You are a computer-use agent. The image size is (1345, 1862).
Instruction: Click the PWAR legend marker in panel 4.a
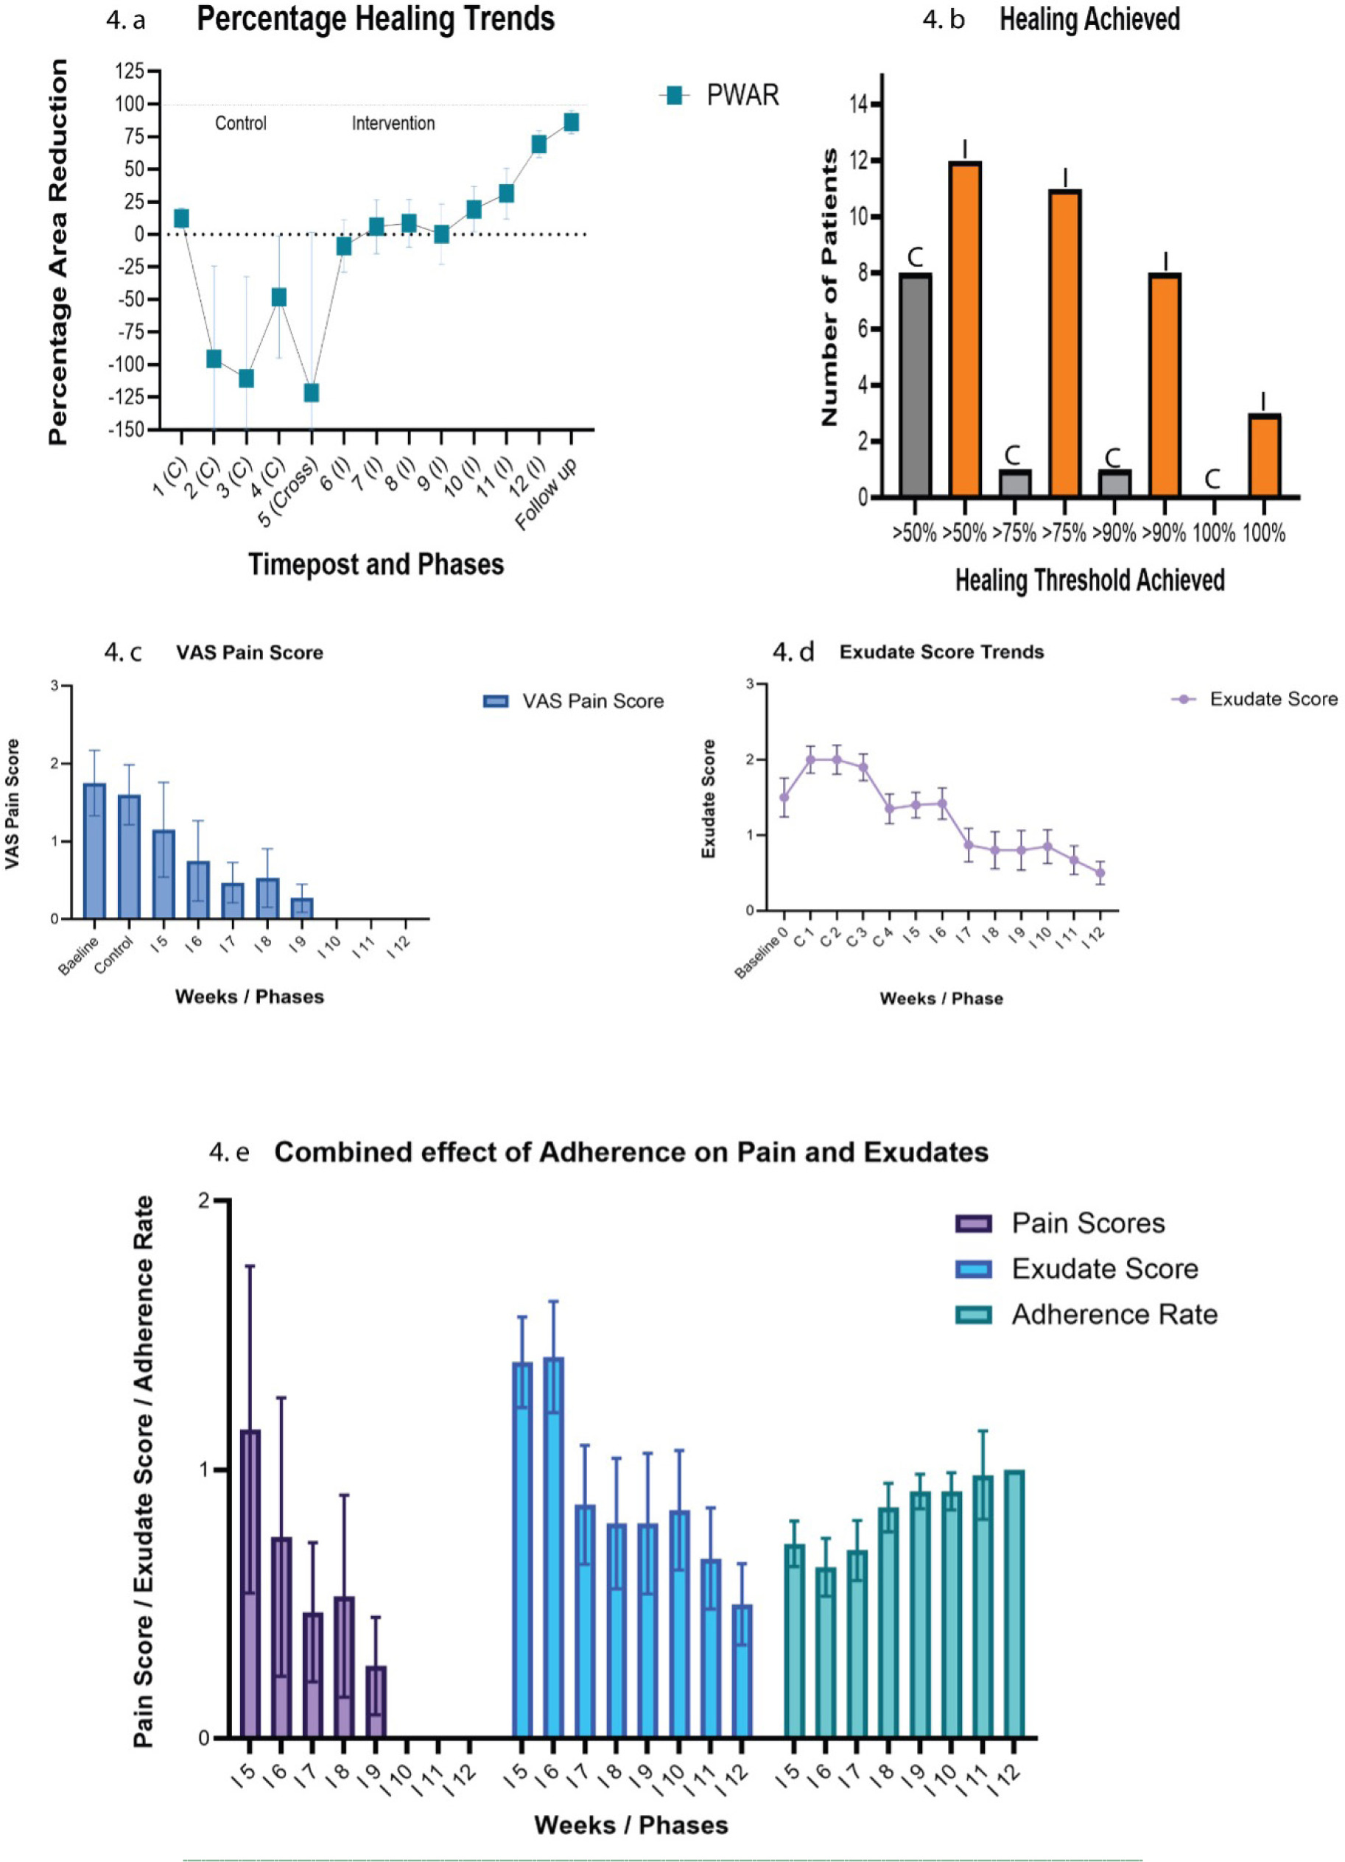(x=674, y=96)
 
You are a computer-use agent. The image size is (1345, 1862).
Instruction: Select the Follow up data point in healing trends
(x=572, y=122)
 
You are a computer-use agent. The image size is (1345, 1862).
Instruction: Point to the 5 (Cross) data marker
(x=311, y=393)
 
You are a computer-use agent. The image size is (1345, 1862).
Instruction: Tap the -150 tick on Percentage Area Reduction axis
(x=128, y=429)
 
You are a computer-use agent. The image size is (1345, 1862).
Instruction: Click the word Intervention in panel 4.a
(x=393, y=123)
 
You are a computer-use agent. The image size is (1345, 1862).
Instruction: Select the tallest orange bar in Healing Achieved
(x=965, y=329)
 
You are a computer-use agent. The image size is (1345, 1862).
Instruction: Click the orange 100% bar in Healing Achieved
(x=1264, y=455)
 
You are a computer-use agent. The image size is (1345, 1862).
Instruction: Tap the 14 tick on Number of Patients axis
(x=859, y=105)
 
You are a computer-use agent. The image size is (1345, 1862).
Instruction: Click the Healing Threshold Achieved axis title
(x=1089, y=580)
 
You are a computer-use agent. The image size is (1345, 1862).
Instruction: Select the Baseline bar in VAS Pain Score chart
(x=94, y=851)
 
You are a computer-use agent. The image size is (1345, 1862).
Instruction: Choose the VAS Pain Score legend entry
(x=575, y=701)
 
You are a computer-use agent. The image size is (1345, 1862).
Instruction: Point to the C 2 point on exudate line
(x=837, y=759)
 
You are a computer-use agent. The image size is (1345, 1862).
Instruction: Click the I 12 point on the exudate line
(x=1100, y=873)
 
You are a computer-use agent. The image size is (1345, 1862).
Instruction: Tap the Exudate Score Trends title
(x=941, y=652)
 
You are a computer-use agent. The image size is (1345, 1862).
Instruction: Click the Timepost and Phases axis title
(x=376, y=565)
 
